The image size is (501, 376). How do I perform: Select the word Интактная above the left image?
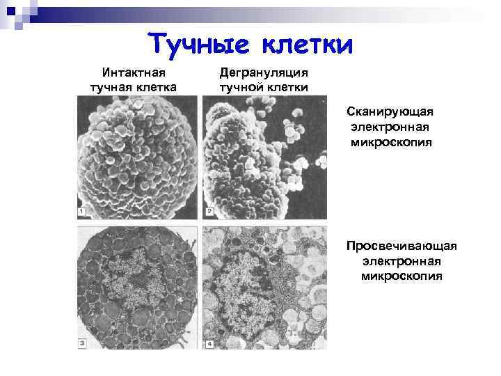[134, 72]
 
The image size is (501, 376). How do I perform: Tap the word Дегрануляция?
[264, 72]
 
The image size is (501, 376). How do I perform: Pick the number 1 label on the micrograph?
[81, 210]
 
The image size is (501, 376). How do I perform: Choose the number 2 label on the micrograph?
[208, 210]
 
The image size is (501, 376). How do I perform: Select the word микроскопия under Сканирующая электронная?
[391, 143]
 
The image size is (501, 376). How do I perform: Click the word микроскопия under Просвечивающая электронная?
[402, 276]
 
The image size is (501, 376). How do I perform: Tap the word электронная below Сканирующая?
[391, 127]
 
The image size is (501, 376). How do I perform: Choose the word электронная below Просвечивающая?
[402, 261]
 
